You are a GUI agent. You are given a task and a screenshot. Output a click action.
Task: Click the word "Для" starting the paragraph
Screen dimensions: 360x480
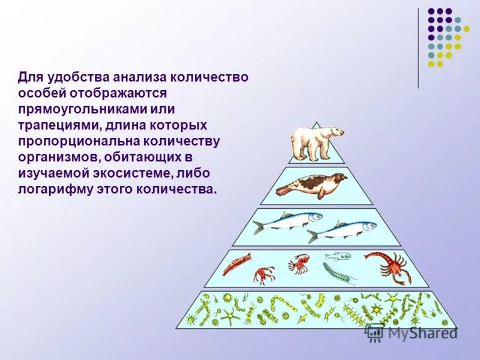29,78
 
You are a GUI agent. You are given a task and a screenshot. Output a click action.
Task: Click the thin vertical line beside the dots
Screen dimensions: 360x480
418,48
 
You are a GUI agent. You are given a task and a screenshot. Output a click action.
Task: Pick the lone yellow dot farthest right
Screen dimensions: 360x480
466,28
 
